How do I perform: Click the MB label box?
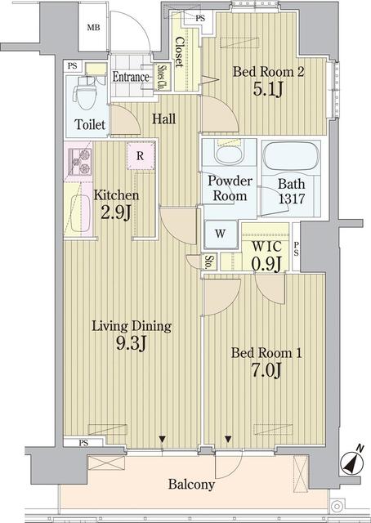pyautogui.click(x=95, y=28)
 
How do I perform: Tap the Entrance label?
pyautogui.click(x=131, y=78)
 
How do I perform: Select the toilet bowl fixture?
pyautogui.click(x=84, y=93)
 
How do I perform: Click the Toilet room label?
pyautogui.click(x=89, y=126)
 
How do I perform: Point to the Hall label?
pyautogui.click(x=164, y=118)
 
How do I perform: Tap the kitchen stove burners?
pyautogui.click(x=79, y=163)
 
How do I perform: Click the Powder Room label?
pyautogui.click(x=230, y=189)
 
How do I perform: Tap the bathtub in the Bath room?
pyautogui.click(x=290, y=155)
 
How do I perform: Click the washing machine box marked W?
pyautogui.click(x=221, y=232)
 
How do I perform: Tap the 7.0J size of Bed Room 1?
pyautogui.click(x=267, y=372)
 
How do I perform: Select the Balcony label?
pyautogui.click(x=191, y=485)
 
